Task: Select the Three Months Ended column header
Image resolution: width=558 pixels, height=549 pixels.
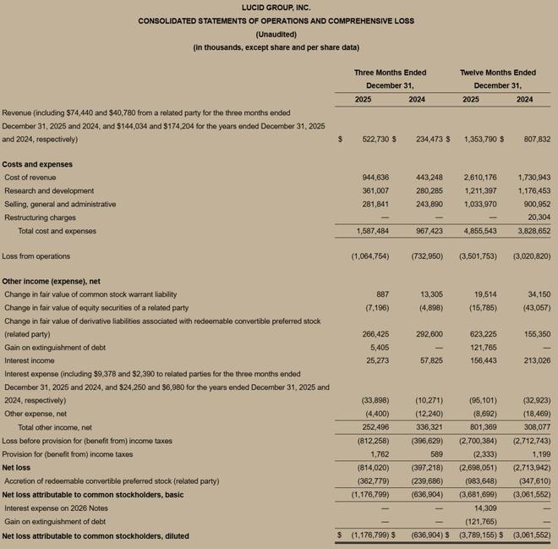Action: [390, 73]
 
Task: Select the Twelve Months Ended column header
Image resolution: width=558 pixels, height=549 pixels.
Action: [497, 73]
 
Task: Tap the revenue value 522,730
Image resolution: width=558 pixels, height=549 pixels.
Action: [371, 139]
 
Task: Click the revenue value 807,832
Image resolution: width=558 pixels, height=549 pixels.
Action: [533, 139]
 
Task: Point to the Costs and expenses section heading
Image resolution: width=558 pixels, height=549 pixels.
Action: [37, 164]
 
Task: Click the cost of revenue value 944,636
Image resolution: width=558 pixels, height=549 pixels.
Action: [375, 178]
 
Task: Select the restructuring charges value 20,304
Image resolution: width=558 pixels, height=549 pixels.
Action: [537, 217]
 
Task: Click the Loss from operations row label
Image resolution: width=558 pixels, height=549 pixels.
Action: [36, 255]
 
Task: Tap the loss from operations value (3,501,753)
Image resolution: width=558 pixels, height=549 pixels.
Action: [479, 255]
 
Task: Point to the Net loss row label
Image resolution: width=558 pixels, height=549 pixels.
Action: [17, 467]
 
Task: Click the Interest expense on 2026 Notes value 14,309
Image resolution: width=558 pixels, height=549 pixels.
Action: [485, 508]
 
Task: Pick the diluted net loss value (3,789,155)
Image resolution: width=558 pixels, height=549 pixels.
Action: [479, 535]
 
